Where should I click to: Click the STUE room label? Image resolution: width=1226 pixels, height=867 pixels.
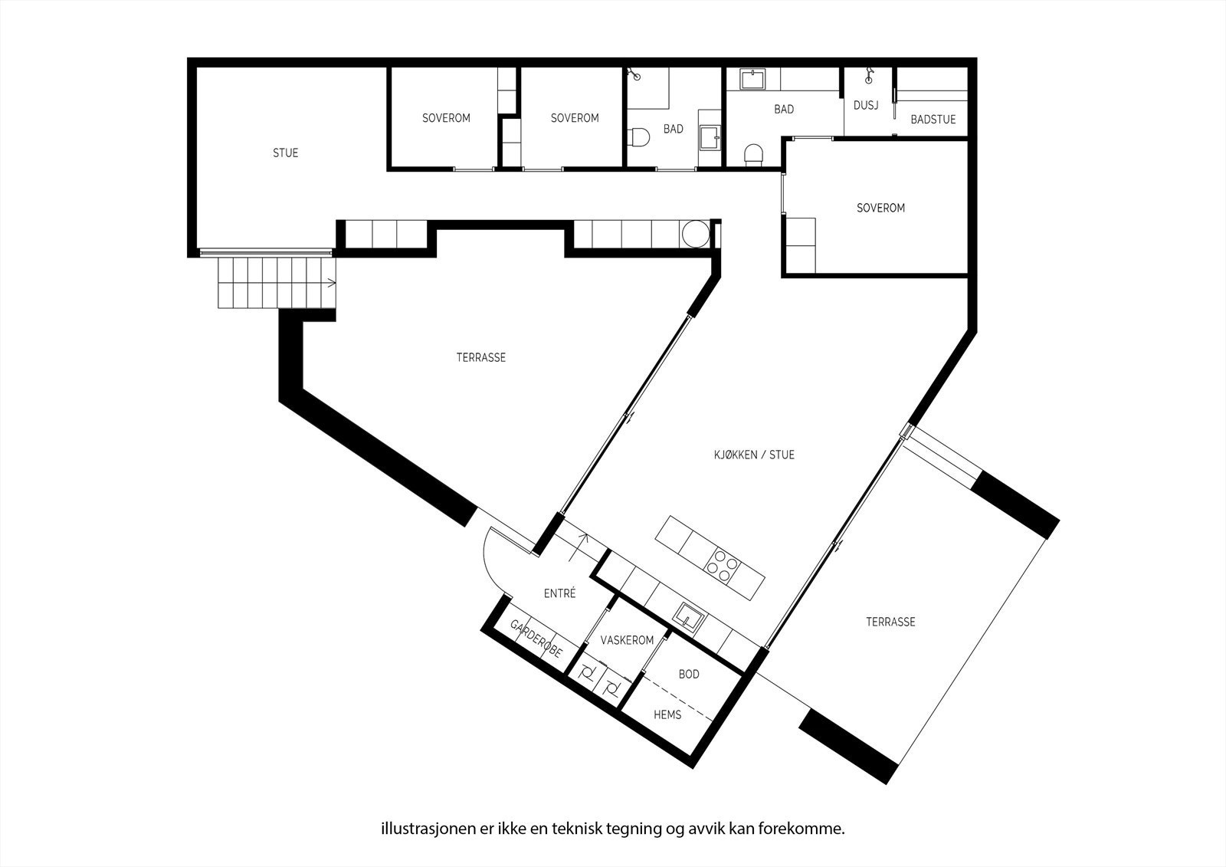(285, 153)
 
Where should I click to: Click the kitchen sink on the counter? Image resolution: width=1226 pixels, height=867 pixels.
(689, 616)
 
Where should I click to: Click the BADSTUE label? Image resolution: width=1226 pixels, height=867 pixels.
(933, 120)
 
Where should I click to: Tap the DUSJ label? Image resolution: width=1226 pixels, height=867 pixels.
(865, 105)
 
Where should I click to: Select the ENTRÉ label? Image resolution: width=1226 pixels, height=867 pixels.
(559, 593)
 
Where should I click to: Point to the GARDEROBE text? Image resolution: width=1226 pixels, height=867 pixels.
(536, 639)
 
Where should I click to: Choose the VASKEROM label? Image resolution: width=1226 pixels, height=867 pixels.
(627, 640)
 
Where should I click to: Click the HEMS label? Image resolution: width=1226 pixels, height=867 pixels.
(667, 714)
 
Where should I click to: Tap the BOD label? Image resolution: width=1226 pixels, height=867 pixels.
(689, 675)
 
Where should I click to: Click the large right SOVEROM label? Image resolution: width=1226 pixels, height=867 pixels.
(880, 208)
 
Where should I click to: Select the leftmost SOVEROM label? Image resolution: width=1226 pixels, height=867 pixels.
(446, 118)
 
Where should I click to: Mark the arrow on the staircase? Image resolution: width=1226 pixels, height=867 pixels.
(331, 283)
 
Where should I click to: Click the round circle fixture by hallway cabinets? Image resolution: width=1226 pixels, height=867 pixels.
(697, 235)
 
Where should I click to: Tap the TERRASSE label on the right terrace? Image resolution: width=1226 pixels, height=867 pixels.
(890, 622)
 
